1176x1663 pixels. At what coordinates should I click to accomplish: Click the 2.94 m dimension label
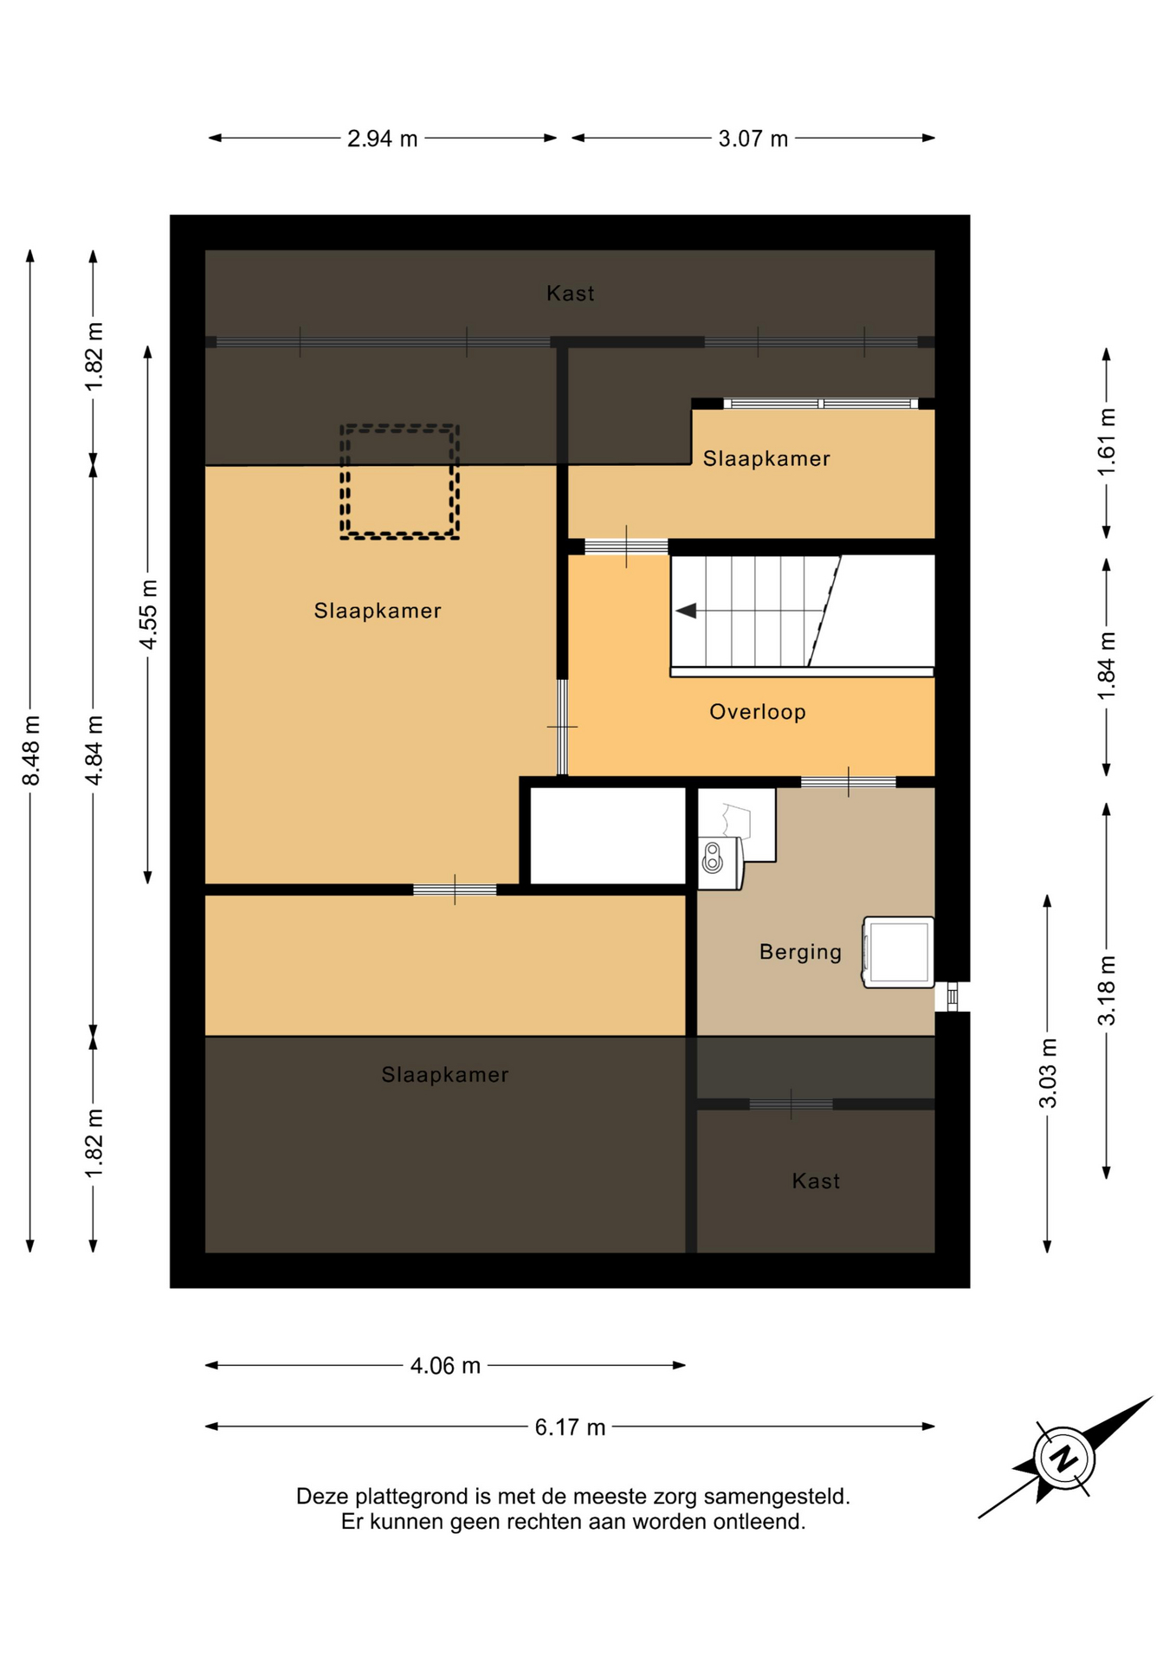pyautogui.click(x=382, y=139)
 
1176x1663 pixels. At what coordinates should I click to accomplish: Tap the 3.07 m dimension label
pyautogui.click(x=753, y=139)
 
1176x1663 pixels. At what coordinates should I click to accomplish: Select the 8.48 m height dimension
pyautogui.click(x=31, y=750)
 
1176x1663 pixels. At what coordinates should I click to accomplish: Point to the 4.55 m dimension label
pyautogui.click(x=149, y=615)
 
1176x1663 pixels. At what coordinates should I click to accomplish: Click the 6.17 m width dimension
pyautogui.click(x=570, y=1427)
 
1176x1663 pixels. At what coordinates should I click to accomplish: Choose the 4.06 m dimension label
pyautogui.click(x=445, y=1366)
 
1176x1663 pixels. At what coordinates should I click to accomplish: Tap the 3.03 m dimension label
pyautogui.click(x=1048, y=1073)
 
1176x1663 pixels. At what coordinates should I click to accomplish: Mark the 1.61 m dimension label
pyautogui.click(x=1107, y=442)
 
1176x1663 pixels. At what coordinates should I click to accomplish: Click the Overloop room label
pyautogui.click(x=758, y=712)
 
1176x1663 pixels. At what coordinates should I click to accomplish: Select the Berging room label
pyautogui.click(x=800, y=952)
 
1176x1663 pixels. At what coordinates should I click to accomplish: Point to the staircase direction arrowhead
pyautogui.click(x=686, y=611)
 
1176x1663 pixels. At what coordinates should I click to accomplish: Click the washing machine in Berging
pyautogui.click(x=898, y=952)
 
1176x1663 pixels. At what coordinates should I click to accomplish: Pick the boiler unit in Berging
pyautogui.click(x=720, y=864)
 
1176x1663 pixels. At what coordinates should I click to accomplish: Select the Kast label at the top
pyautogui.click(x=570, y=294)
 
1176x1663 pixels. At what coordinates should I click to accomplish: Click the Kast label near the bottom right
pyautogui.click(x=816, y=1181)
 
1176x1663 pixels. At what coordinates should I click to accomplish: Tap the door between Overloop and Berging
pyautogui.click(x=848, y=782)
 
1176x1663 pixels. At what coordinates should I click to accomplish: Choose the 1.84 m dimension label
pyautogui.click(x=1107, y=667)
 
